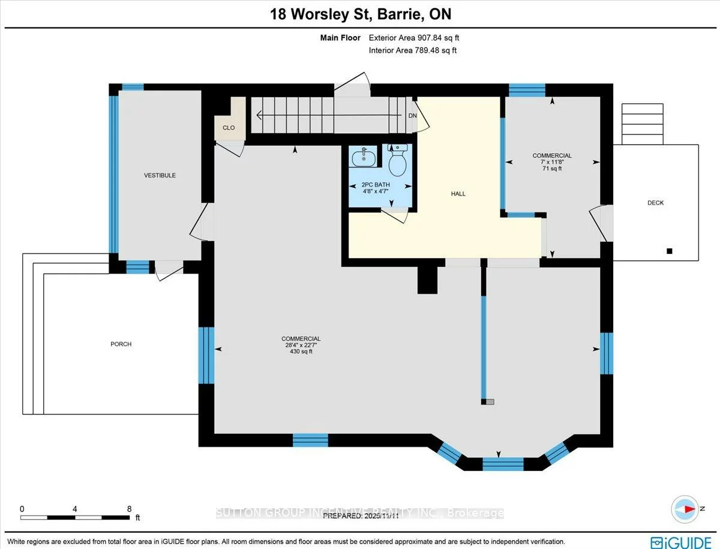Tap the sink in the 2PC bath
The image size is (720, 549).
coord(364,158)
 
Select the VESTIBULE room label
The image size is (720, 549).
coord(160,175)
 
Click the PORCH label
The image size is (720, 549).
coord(121,344)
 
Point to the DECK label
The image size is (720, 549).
coord(655,203)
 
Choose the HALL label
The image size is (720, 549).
coord(458,194)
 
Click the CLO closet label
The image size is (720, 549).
coord(229,128)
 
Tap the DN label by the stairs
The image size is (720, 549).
coord(412,115)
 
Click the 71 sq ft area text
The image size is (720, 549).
coord(552,169)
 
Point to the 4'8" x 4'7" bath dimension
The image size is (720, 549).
coord(375,191)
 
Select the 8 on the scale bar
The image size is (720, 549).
coord(129,508)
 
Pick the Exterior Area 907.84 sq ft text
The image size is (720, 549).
coord(414,38)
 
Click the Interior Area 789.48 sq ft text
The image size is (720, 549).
coord(412,50)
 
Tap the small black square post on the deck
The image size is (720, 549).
coord(669,251)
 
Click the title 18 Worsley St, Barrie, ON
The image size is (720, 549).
coord(359,13)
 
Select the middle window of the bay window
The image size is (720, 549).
coord(503,464)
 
